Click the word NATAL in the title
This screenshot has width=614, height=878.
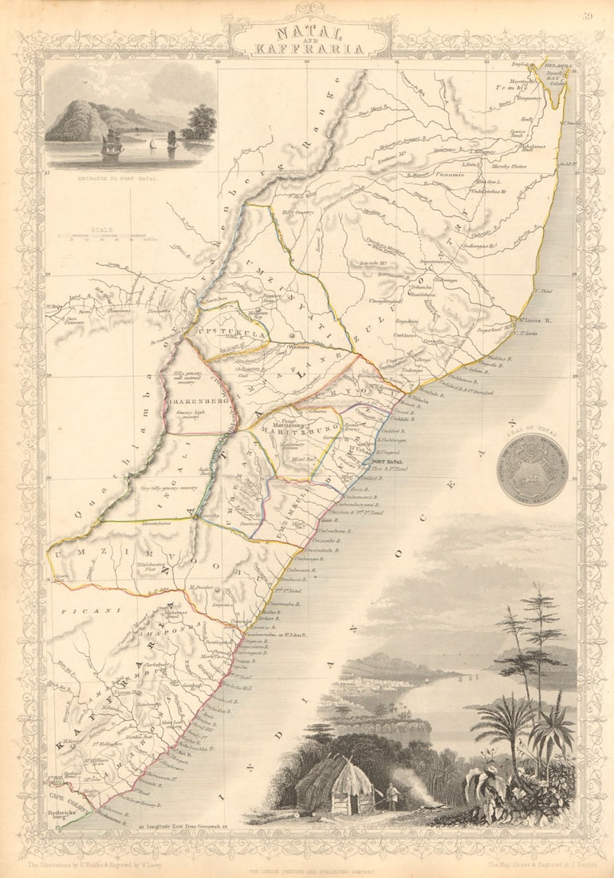309,33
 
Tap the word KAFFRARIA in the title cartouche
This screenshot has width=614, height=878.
309,49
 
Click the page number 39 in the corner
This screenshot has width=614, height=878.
588,15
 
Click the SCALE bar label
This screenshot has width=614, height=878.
101,230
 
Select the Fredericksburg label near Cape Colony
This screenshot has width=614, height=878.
61,817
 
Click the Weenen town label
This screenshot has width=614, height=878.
298,347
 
